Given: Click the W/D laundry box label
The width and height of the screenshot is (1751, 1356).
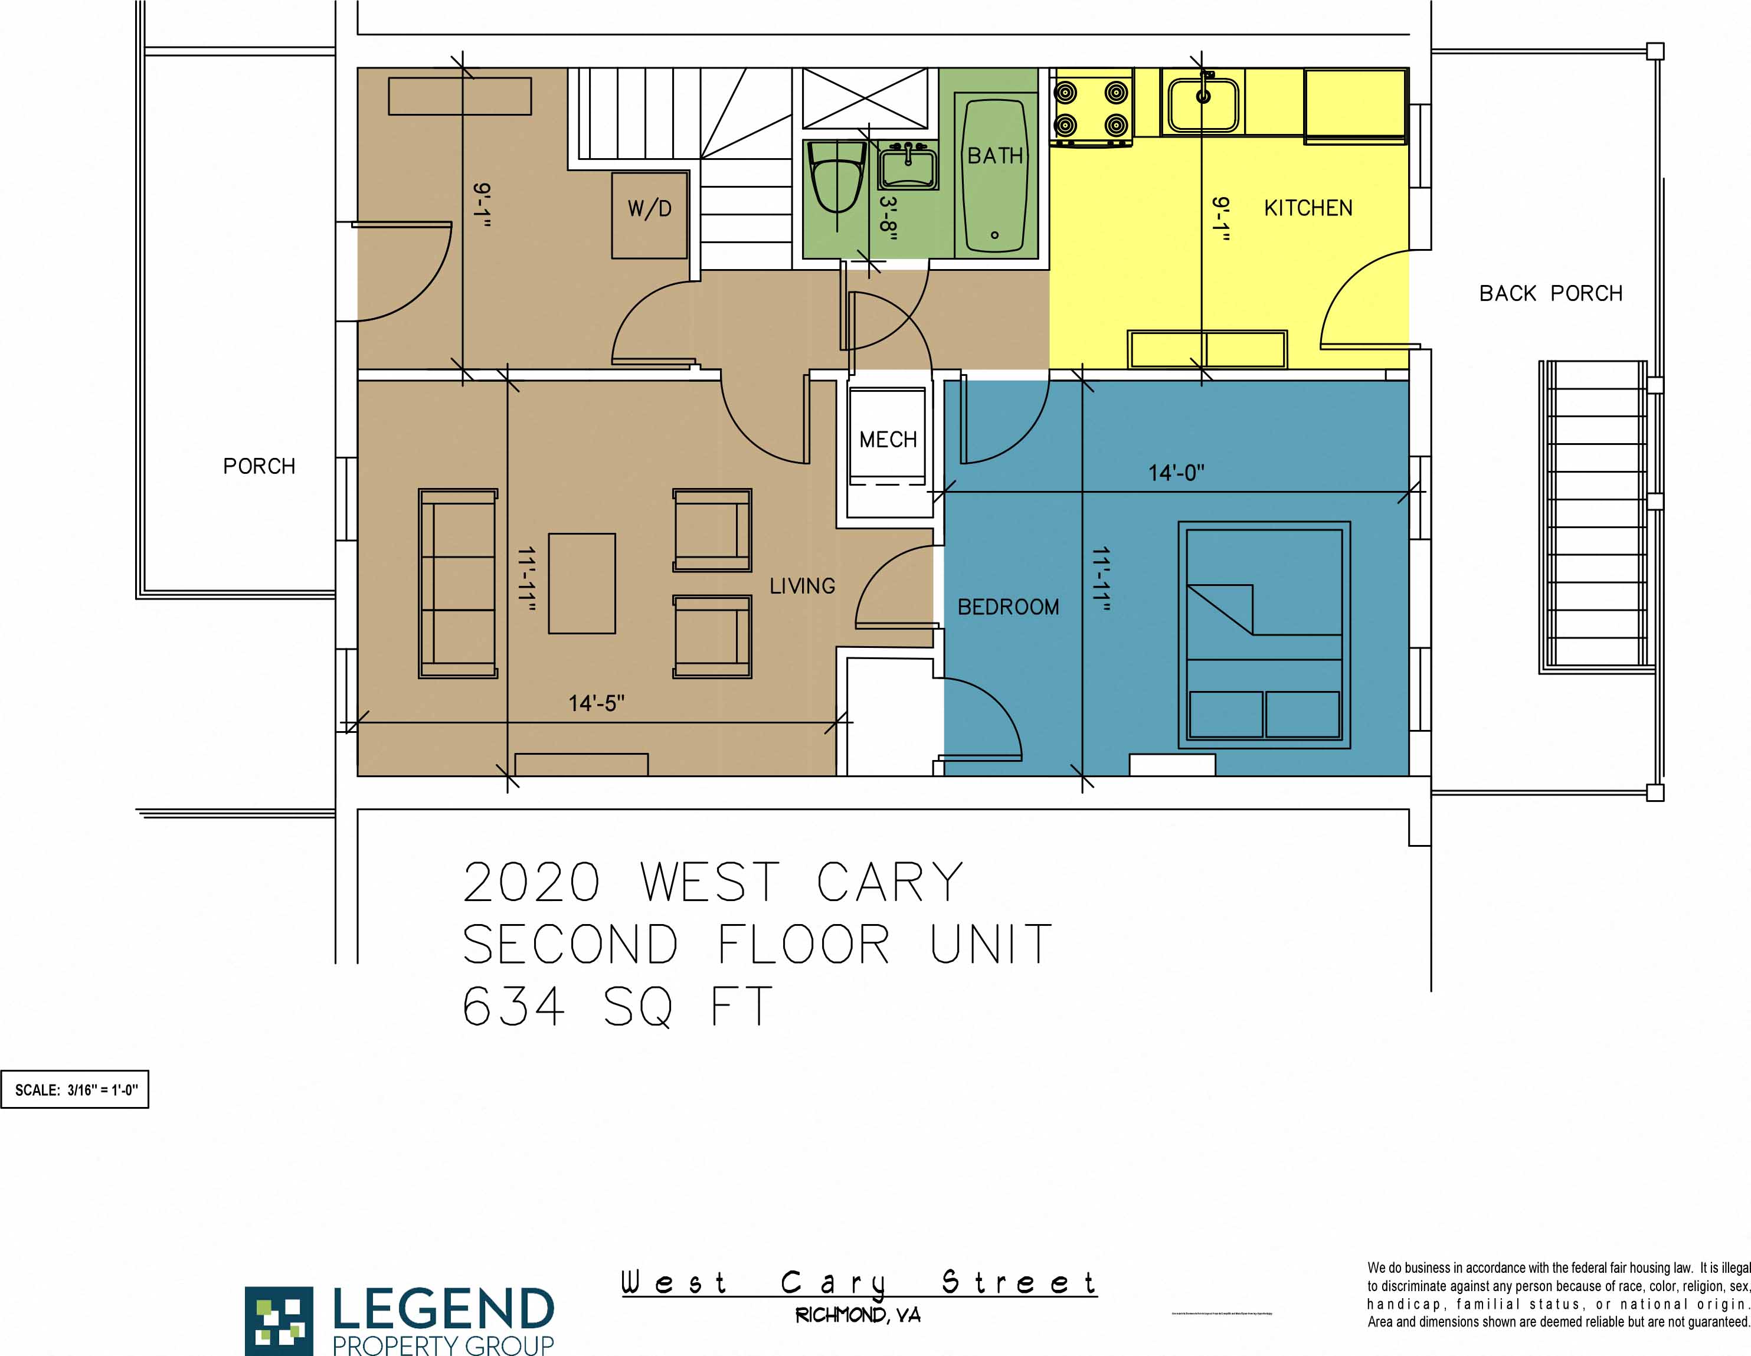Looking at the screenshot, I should [x=649, y=209].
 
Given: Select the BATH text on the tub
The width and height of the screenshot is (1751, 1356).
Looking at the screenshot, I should [x=995, y=155].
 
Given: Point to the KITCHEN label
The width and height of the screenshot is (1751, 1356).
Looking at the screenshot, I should [x=1308, y=208].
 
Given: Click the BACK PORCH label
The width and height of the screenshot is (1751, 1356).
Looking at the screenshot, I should [x=1550, y=293].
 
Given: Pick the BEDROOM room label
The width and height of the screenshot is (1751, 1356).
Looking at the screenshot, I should [x=1008, y=607].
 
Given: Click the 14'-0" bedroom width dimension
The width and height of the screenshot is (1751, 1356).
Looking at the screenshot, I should [x=1176, y=473].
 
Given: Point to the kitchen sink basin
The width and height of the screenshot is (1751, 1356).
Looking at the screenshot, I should [x=1203, y=104].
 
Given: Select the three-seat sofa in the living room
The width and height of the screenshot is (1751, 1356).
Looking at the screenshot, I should [x=458, y=584].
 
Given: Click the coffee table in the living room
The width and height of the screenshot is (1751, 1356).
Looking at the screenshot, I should [x=582, y=584].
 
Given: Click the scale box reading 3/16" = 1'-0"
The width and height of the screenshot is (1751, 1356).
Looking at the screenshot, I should [x=76, y=1090].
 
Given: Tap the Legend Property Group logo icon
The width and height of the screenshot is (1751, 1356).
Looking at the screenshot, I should [x=279, y=1319].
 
